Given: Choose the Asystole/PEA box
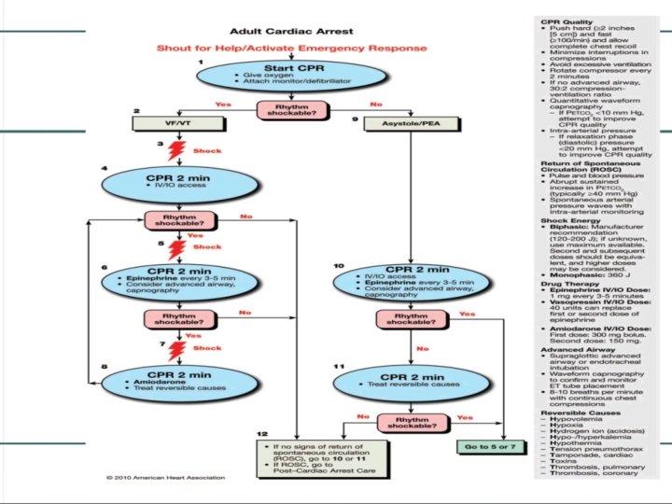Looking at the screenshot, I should click(407, 122).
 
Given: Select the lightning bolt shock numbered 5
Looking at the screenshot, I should click(174, 248).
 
